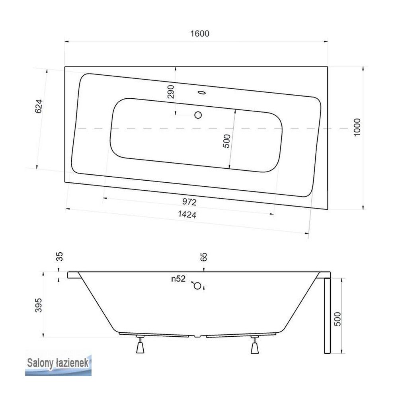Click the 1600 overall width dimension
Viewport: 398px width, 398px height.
(199, 34)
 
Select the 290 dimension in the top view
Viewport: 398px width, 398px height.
(171, 92)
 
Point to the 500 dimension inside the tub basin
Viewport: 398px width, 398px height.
(226, 141)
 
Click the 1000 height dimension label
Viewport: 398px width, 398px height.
(357, 127)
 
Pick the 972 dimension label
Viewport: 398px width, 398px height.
(189, 202)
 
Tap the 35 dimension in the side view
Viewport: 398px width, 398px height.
(60, 257)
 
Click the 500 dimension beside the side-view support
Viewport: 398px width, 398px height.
(338, 318)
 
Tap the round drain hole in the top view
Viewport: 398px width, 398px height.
(198, 115)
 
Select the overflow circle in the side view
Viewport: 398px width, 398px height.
(197, 285)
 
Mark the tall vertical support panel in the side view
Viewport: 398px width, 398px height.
(327, 314)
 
